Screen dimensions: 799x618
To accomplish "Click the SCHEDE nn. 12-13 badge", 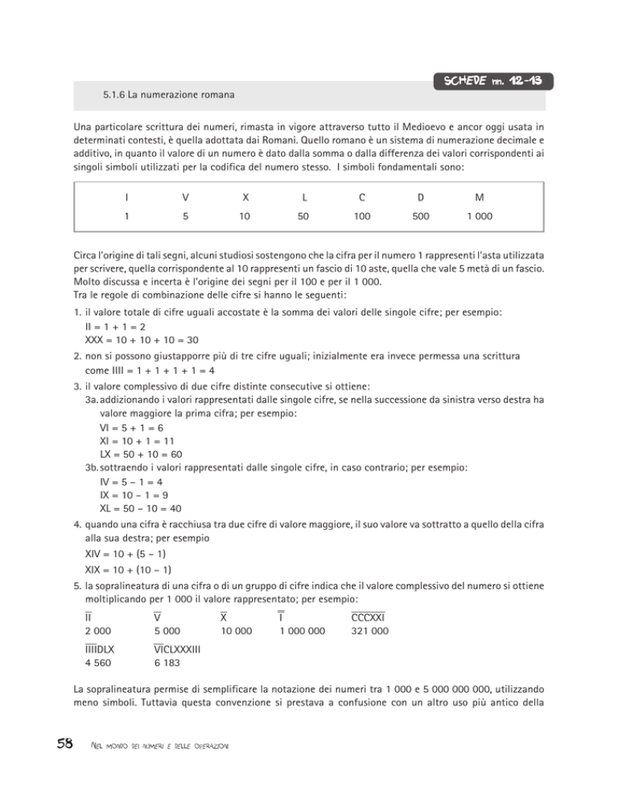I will tap(491, 83).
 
